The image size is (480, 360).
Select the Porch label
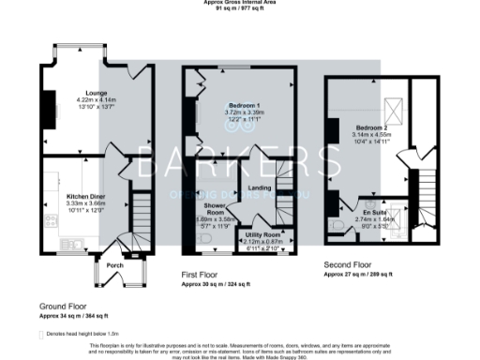tap(115, 265)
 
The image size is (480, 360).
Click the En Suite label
tap(374, 214)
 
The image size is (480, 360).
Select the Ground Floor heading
tap(64, 307)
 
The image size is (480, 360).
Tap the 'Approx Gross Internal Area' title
tap(240, 3)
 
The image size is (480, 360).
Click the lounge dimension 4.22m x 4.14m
tap(95, 100)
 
